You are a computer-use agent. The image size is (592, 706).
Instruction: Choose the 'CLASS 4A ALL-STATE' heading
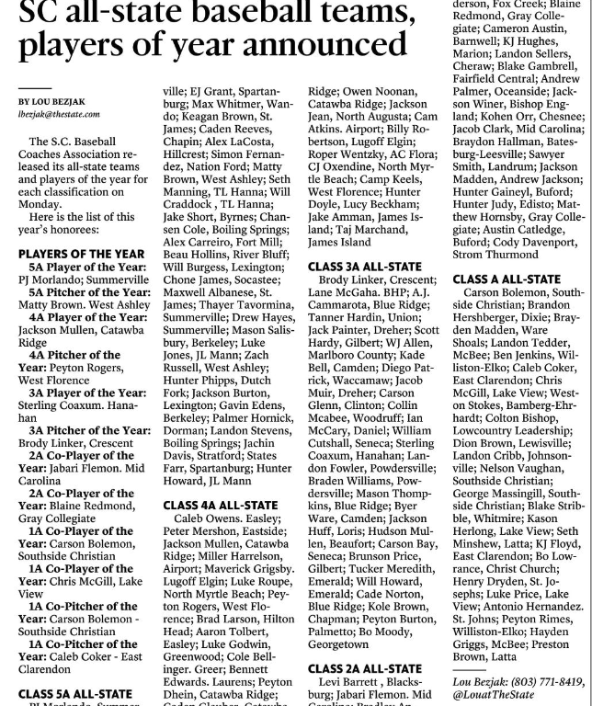pyautogui.click(x=221, y=505)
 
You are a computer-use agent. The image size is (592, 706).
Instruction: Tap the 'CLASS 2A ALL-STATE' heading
pyautogui.click(x=365, y=668)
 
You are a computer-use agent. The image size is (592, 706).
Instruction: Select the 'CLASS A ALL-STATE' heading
pyautogui.click(x=507, y=279)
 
